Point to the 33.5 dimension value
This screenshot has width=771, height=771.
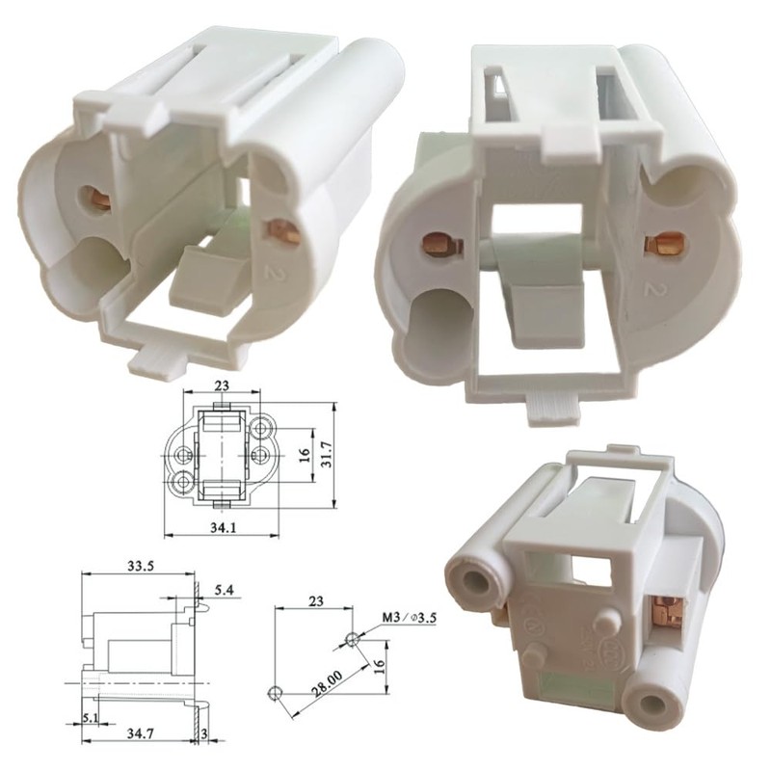tap(141, 566)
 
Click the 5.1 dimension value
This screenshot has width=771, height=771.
tap(90, 717)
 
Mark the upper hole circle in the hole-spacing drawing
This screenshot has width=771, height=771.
tap(352, 638)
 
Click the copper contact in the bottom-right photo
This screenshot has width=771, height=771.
tap(663, 609)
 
